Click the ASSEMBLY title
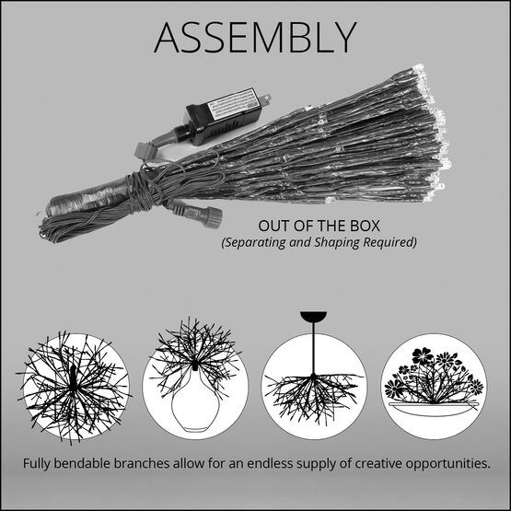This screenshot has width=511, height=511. (x=255, y=36)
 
